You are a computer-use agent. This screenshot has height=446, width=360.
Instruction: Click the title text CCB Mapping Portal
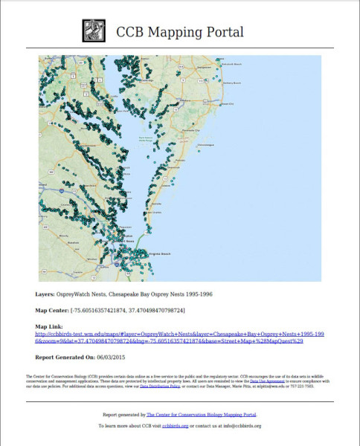pyautogui.click(x=180, y=33)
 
